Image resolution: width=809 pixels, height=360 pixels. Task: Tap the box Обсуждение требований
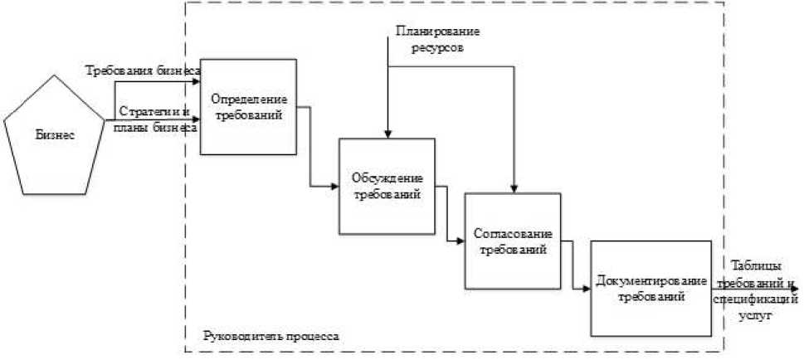click(386, 186)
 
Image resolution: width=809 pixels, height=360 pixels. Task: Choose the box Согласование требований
click(512, 241)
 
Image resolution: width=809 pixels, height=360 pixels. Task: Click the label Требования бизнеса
click(143, 71)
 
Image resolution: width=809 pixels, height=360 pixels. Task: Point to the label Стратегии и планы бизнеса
click(156, 119)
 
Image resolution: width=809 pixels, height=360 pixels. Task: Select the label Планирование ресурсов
click(437, 41)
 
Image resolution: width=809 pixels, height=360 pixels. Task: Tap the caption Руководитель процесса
click(270, 338)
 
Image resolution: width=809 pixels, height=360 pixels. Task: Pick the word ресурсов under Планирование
click(437, 49)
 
